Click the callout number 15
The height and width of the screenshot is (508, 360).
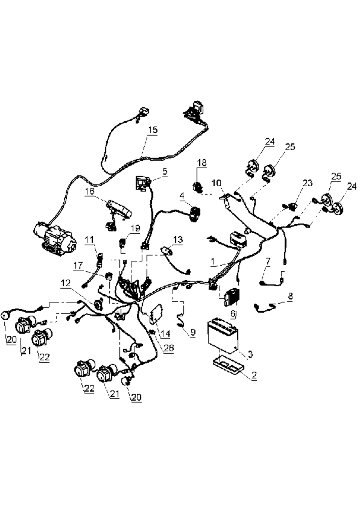pyautogui.click(x=153, y=130)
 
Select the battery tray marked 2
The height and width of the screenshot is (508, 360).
pyautogui.click(x=229, y=365)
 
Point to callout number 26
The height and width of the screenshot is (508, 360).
pyautogui.click(x=169, y=348)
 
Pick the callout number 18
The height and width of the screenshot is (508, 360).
pyautogui.click(x=202, y=163)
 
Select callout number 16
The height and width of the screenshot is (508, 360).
pyautogui.click(x=89, y=192)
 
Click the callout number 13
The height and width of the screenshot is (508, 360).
pyautogui.click(x=178, y=240)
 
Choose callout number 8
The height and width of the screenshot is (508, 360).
pyautogui.click(x=290, y=296)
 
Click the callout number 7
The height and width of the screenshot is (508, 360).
pyautogui.click(x=268, y=261)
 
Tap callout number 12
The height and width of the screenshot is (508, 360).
pyautogui.click(x=65, y=283)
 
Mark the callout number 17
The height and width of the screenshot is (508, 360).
pyautogui.click(x=78, y=266)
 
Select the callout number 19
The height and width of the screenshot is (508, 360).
pyautogui.click(x=135, y=228)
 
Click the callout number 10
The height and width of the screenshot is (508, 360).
pyautogui.click(x=216, y=183)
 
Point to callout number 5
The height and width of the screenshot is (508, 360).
pyautogui.click(x=165, y=171)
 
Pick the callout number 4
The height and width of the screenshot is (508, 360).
pyautogui.click(x=182, y=196)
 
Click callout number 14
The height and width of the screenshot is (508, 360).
pyautogui.click(x=165, y=333)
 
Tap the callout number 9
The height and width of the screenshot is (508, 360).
pyautogui.click(x=193, y=333)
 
